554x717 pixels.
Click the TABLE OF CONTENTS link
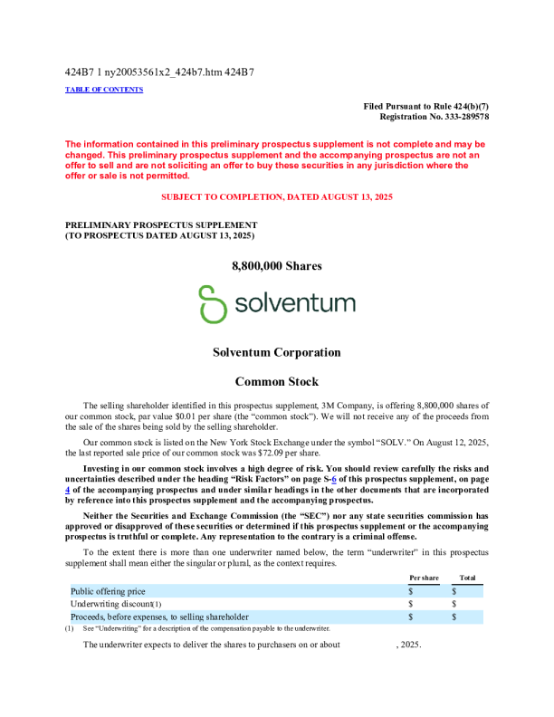tap(104, 90)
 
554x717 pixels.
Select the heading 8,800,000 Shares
tap(276, 266)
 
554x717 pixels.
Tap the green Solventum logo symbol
tap(213, 303)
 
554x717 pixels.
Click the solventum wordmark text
tap(294, 302)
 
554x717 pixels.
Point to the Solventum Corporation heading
tap(276, 352)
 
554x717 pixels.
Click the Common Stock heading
tap(276, 382)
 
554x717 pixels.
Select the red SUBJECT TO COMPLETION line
tap(276, 196)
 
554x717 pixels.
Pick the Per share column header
tap(424, 577)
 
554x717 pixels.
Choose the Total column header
tap(467, 577)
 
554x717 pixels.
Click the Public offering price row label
tap(108, 590)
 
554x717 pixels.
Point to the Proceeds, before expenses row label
tap(159, 616)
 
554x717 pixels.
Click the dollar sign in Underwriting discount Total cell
tap(454, 603)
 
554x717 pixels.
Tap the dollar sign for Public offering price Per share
tap(410, 590)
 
